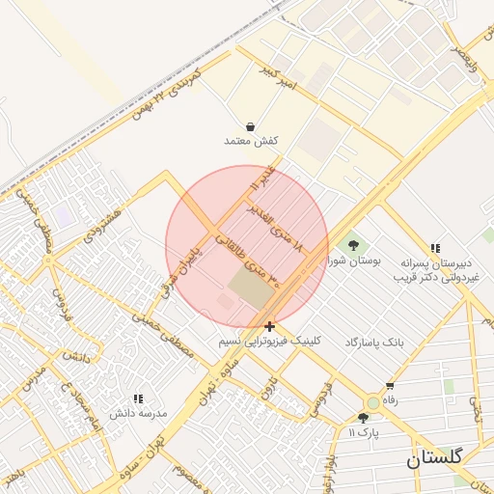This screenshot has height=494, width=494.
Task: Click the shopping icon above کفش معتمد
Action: coord(251,126)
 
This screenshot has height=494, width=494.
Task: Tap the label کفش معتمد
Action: coord(251,141)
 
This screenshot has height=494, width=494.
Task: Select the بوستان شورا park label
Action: coord(355,261)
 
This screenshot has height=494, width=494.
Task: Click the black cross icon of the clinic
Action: coord(269,327)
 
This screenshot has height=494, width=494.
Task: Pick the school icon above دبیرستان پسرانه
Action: coord(436,248)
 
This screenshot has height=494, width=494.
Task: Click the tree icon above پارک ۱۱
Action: coord(363,418)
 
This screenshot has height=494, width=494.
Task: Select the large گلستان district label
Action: coord(434,457)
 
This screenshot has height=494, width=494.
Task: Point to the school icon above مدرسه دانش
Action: coord(138,398)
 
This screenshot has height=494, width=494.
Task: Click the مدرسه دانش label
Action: coord(138,413)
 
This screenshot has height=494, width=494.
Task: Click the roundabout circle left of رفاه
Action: coord(372,402)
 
